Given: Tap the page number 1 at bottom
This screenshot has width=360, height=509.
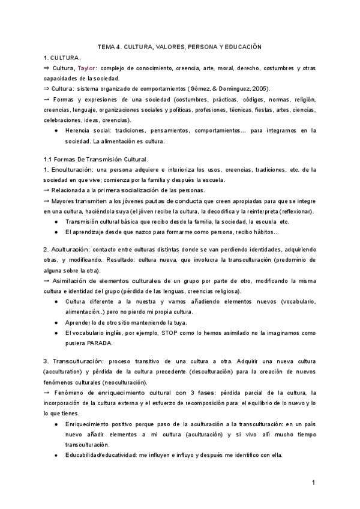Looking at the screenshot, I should (x=313, y=483).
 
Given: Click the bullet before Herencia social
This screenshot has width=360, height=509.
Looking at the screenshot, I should (x=56, y=130).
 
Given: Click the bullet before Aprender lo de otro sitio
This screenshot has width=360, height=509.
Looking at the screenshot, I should (x=56, y=322).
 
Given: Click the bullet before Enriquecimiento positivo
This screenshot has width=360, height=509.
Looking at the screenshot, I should (x=56, y=424).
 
